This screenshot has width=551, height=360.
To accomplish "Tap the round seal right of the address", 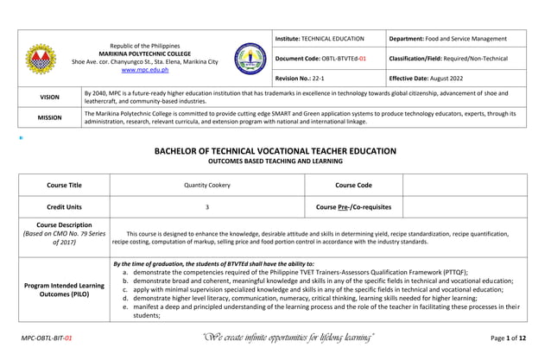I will click(x=250, y=58).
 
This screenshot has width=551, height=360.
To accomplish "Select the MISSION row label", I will click(x=49, y=117).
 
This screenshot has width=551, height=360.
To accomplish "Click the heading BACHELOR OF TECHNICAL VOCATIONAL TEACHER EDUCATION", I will click(x=275, y=151).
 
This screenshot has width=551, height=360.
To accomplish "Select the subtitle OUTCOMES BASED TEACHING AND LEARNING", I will click(x=275, y=161).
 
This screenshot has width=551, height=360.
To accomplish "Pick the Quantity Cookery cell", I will click(x=206, y=185).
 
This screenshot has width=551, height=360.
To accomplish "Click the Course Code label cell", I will click(x=353, y=185).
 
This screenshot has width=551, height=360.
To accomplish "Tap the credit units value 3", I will click(x=206, y=207).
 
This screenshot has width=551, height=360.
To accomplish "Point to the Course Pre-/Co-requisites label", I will click(x=353, y=207).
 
